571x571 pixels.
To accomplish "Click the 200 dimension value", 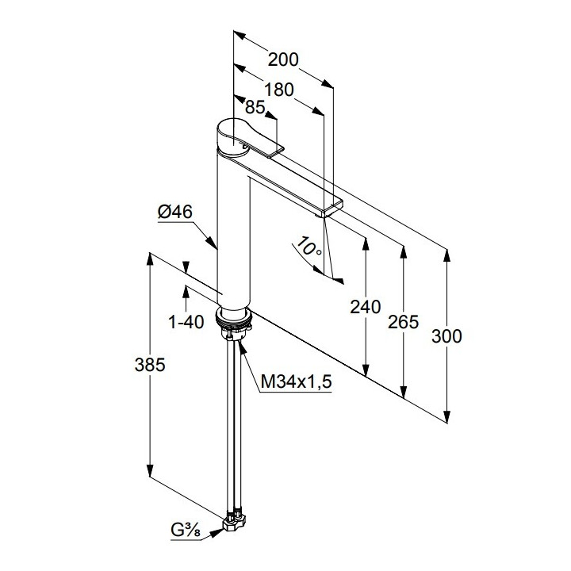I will [x=282, y=59].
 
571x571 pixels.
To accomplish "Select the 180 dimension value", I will [x=278, y=89].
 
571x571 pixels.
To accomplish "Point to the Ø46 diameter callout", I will [x=175, y=212].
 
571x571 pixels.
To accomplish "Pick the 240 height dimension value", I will [x=365, y=307].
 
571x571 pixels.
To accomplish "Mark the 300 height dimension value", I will [x=446, y=335].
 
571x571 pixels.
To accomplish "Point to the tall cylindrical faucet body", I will [x=234, y=230].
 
